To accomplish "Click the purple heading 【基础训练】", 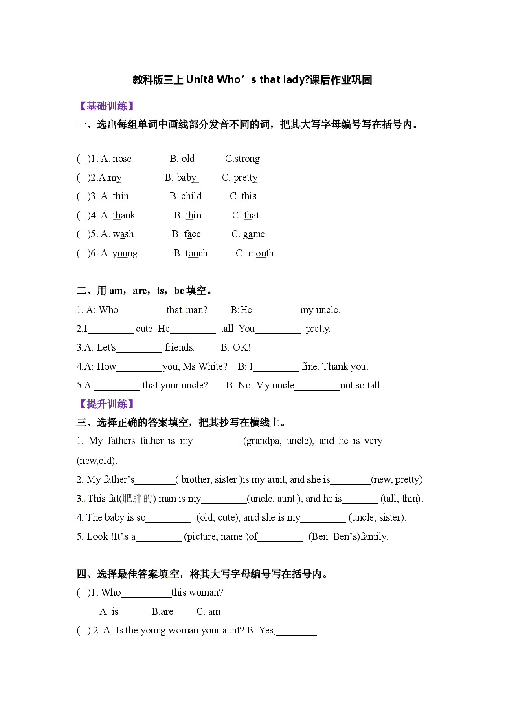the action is (106, 106).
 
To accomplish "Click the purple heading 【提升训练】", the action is (106, 404).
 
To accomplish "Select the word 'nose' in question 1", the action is (122, 159).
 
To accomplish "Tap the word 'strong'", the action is (247, 159).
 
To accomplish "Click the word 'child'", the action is (191, 196).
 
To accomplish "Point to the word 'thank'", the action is (124, 215).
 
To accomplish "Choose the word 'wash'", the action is (123, 234).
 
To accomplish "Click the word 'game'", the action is (254, 235).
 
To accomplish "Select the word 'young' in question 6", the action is (125, 254).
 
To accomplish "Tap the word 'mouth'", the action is (261, 254).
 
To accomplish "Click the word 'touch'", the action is (197, 254).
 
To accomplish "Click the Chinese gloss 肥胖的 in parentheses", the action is (136, 499).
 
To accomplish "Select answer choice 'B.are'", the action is (162, 612).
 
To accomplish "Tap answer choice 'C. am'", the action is (209, 612).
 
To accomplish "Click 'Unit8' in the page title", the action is (200, 80).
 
